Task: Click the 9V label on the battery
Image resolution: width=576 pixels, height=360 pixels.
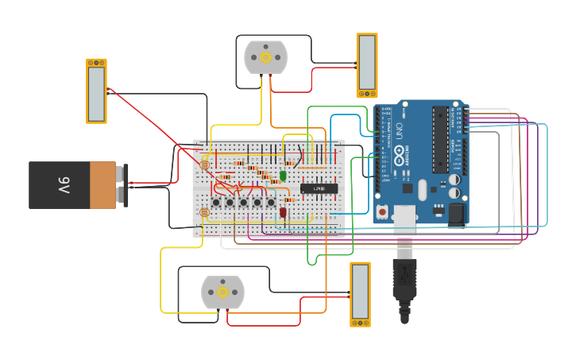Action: pyautogui.click(x=64, y=185)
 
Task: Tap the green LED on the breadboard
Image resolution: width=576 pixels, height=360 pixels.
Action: pyautogui.click(x=283, y=176)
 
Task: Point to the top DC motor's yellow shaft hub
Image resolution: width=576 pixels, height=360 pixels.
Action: pyautogui.click(x=265, y=57)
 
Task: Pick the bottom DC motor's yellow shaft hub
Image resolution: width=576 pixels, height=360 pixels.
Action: pyautogui.click(x=222, y=292)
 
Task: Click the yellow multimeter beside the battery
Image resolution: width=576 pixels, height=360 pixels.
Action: pyautogui.click(x=96, y=91)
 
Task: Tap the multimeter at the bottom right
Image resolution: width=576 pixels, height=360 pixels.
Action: pyautogui.click(x=360, y=293)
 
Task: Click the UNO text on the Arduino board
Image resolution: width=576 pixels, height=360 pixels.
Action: pyautogui.click(x=400, y=130)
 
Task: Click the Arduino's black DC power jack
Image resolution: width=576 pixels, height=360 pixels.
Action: pyautogui.click(x=456, y=213)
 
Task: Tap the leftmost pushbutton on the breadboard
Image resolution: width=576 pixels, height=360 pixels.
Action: pyautogui.click(x=216, y=203)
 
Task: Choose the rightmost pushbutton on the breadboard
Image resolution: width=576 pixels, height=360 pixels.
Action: pyautogui.click(x=271, y=203)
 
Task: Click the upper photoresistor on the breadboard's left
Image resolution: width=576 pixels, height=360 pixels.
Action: pyautogui.click(x=204, y=165)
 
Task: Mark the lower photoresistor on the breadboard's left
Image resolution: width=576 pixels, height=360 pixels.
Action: pyautogui.click(x=204, y=212)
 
